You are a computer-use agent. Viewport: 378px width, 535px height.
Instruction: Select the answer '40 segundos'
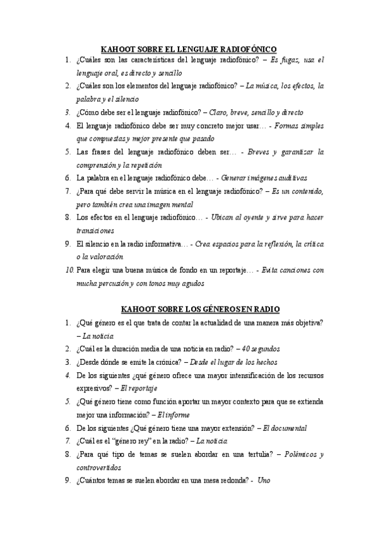(x=261, y=348)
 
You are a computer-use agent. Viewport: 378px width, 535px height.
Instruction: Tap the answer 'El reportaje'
(x=139, y=387)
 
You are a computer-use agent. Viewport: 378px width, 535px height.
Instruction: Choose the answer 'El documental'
(x=285, y=428)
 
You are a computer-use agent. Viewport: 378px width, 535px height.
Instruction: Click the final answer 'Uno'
(x=264, y=481)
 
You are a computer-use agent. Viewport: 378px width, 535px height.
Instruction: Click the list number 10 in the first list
(x=69, y=270)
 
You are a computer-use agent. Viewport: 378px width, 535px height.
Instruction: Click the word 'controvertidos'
(x=98, y=467)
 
